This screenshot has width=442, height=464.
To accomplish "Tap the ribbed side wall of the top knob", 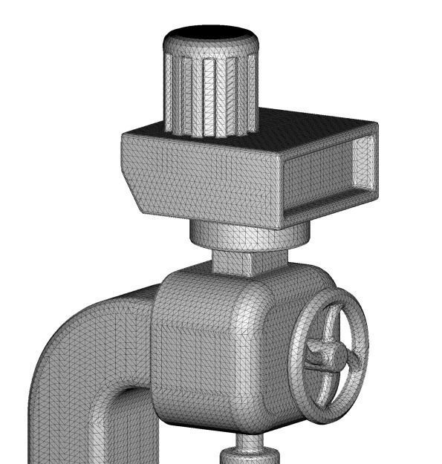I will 209,89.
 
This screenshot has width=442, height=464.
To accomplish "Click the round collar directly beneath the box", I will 245,234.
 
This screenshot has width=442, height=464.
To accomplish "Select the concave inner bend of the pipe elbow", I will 123,397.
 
